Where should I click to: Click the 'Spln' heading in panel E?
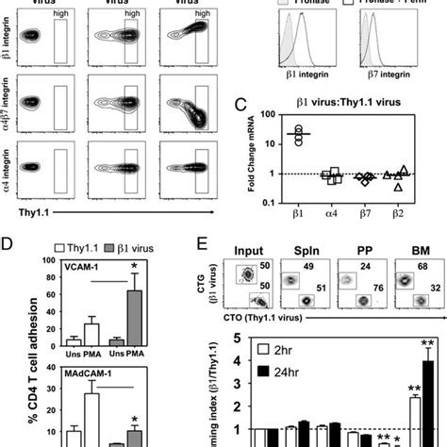click(327, 255)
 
